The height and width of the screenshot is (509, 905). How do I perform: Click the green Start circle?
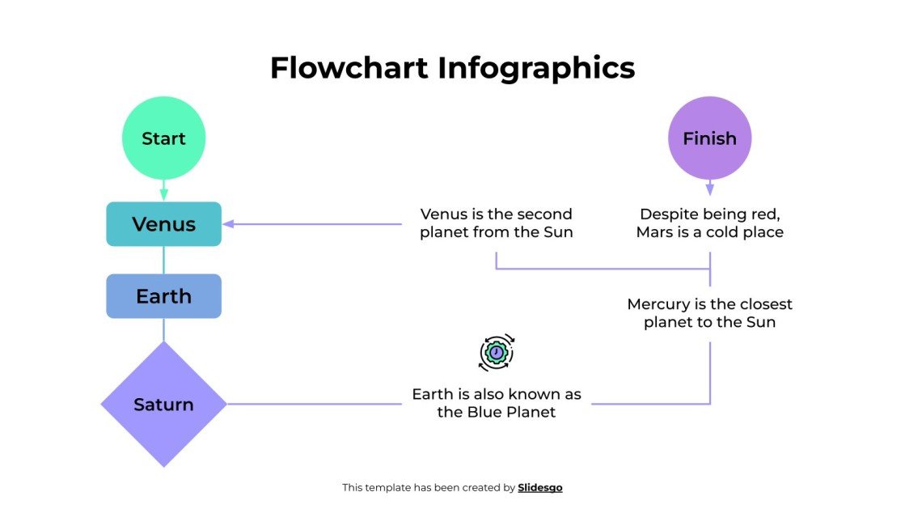163,138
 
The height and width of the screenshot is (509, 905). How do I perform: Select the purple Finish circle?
709,138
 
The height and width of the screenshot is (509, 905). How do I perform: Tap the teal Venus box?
163,224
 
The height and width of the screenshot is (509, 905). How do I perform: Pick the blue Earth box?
163,296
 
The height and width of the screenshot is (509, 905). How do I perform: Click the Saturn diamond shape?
163,404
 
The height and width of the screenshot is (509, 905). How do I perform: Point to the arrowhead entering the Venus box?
228,224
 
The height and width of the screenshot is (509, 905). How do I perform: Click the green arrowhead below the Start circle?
163,194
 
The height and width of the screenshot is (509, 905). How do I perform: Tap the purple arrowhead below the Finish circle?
709,189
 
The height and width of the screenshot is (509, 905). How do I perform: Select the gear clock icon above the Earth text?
497,353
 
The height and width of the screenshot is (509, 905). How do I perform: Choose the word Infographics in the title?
536,68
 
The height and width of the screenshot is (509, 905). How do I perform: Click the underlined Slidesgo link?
539,487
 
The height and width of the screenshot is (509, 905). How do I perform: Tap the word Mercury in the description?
659,305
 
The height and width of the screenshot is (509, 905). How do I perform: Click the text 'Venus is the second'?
496,214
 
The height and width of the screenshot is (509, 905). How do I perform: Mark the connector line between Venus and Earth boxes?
163,260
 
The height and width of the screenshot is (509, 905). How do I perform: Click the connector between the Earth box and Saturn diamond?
163,329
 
